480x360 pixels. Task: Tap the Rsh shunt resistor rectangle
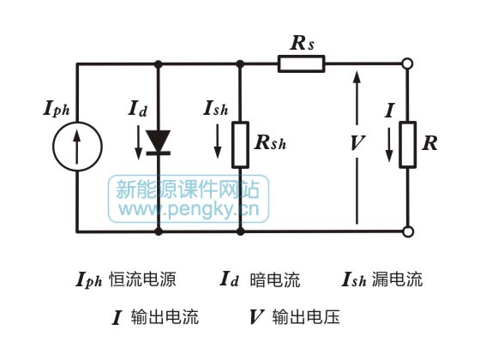click(240, 144)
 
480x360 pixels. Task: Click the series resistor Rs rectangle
click(301, 62)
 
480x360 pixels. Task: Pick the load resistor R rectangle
click(409, 144)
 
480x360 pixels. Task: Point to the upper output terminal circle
click(409, 62)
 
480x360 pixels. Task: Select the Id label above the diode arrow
click(139, 108)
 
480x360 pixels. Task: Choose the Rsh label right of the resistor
click(270, 144)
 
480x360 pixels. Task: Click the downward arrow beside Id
click(140, 142)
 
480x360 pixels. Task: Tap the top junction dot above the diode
click(159, 62)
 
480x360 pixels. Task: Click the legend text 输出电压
click(305, 317)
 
